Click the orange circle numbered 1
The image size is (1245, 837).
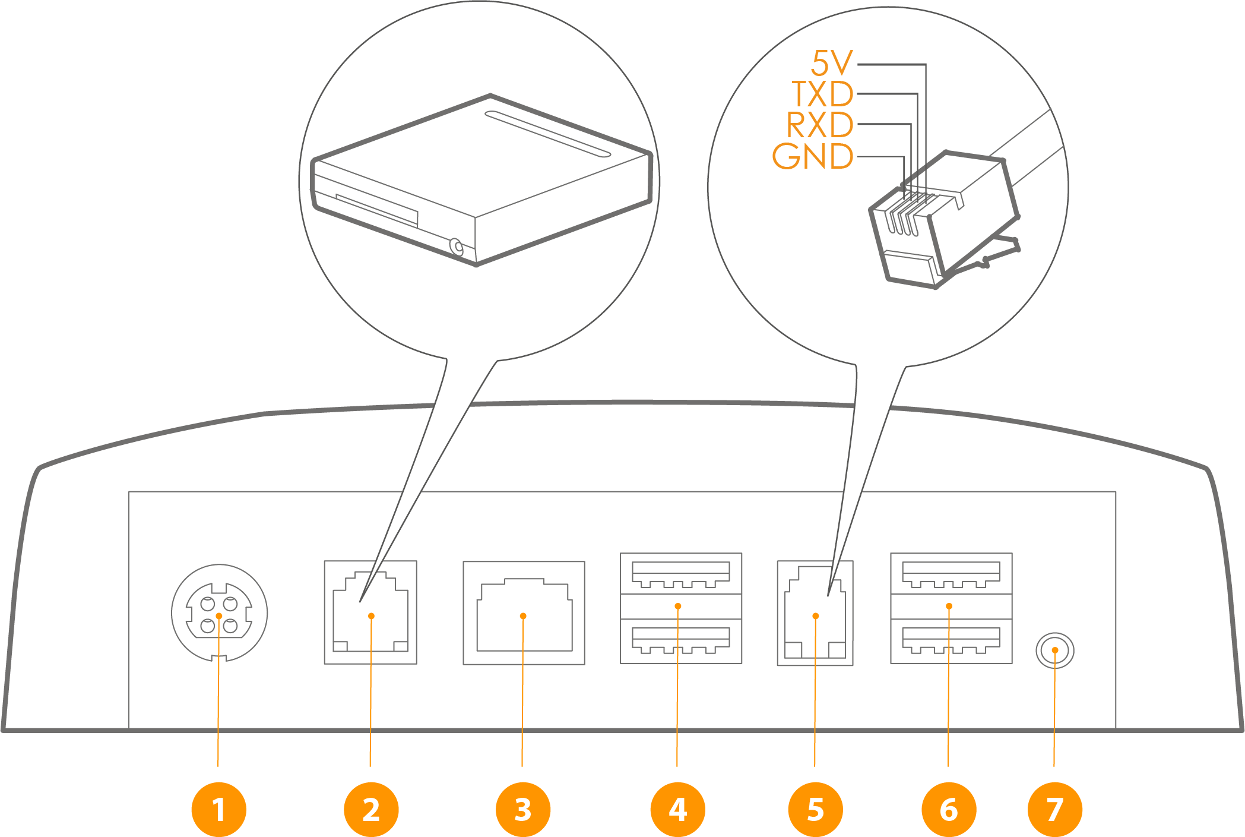point(218,809)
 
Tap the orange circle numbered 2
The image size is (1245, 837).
point(371,809)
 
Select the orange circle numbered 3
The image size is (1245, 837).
point(523,809)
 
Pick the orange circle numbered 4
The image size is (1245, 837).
point(677,809)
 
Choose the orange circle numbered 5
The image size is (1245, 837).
point(815,809)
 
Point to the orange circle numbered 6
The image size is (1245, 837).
point(949,809)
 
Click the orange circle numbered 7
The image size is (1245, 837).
point(1054,809)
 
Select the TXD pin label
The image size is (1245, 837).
point(823,94)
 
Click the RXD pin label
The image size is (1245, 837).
point(820,125)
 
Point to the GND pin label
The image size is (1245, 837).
point(813,156)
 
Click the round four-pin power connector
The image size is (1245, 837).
point(219,612)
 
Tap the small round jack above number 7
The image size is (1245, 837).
point(1054,650)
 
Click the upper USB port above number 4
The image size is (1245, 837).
point(681,573)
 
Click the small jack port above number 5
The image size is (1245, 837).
point(815,613)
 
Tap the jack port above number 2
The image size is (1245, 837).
point(370,612)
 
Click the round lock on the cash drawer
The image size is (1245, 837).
point(457,247)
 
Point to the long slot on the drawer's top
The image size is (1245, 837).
point(547,134)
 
